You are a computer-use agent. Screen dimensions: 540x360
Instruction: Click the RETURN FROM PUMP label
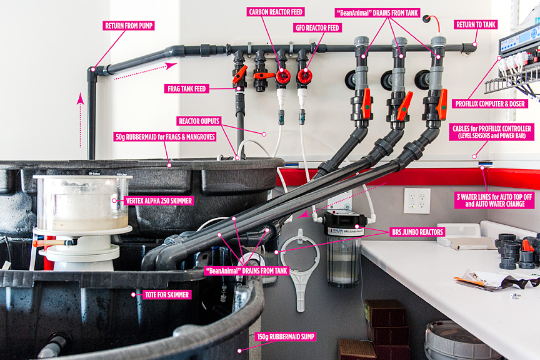point(129,26)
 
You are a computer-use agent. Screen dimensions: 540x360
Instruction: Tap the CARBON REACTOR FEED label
point(276,12)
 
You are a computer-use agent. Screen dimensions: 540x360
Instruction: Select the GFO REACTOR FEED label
point(317,28)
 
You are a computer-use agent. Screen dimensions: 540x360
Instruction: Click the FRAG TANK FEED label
point(187,89)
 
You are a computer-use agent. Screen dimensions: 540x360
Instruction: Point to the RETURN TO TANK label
point(476,24)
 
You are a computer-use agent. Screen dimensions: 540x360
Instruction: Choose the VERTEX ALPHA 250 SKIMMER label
point(159,201)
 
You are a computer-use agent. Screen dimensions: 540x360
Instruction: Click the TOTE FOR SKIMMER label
point(167,295)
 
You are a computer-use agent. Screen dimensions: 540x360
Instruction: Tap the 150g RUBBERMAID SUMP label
point(286,337)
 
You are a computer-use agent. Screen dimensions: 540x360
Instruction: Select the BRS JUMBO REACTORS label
point(417,232)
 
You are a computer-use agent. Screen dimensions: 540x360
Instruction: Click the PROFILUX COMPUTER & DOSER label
point(490,104)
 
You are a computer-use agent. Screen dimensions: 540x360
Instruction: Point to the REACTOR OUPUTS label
point(199,121)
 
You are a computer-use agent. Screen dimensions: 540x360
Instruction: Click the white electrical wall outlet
point(417,201)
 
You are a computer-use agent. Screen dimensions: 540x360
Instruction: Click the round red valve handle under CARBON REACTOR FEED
point(282,76)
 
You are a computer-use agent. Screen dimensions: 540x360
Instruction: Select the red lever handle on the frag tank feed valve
point(240,74)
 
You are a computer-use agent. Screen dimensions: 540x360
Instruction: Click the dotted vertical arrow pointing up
point(81,120)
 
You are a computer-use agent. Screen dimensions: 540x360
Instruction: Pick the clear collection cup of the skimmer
point(82,203)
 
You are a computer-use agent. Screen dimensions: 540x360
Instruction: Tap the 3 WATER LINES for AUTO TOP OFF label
point(494,200)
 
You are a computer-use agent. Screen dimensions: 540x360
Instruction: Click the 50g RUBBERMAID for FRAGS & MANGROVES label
point(165,137)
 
